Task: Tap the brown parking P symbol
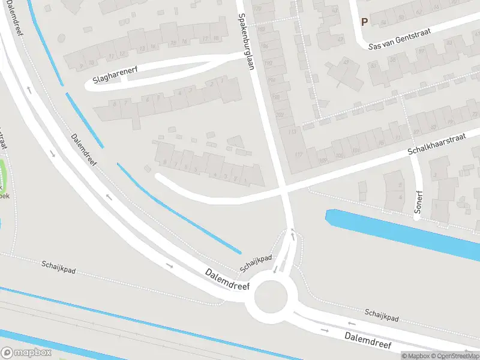(x=364, y=22)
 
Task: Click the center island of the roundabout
(x=272, y=296)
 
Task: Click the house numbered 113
(x=292, y=131)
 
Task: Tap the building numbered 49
(x=346, y=62)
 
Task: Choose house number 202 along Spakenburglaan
(x=280, y=114)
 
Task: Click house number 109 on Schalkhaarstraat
(x=323, y=160)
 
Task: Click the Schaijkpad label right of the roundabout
(x=382, y=314)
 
